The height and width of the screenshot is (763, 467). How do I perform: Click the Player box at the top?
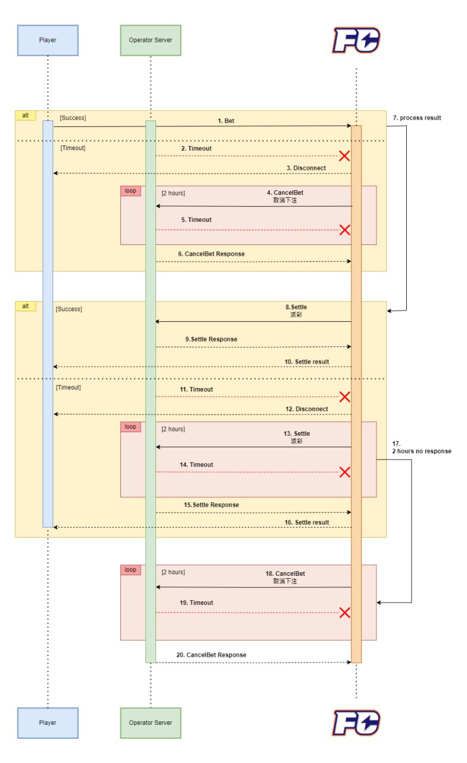[x=48, y=40]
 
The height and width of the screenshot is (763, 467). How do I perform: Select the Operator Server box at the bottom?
[x=150, y=722]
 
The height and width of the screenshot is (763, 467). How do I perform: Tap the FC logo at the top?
[x=356, y=41]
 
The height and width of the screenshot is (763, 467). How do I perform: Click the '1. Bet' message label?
[x=226, y=121]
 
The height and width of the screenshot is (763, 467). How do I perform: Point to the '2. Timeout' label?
[x=196, y=148]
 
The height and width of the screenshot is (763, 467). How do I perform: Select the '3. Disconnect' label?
[x=306, y=168]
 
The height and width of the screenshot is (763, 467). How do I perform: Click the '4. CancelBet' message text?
[x=285, y=193]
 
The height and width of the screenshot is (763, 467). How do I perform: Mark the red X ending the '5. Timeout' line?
[x=344, y=230]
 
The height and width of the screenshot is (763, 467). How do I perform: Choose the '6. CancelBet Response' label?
[x=211, y=254]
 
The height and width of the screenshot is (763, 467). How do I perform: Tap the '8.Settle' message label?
[x=296, y=308]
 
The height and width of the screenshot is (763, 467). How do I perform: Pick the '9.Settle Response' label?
[x=211, y=339]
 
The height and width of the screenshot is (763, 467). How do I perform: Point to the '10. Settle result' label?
[x=307, y=362]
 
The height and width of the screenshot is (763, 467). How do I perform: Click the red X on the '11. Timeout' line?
[x=344, y=397]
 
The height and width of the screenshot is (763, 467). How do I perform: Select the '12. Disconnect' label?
[x=306, y=409]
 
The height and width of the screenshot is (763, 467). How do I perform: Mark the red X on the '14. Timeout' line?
[x=344, y=472]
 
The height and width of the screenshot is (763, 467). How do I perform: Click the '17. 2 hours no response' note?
[x=421, y=448]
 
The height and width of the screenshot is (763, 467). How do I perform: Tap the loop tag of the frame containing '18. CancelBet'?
[x=130, y=570]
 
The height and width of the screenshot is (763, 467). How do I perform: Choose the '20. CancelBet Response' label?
[x=211, y=655]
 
